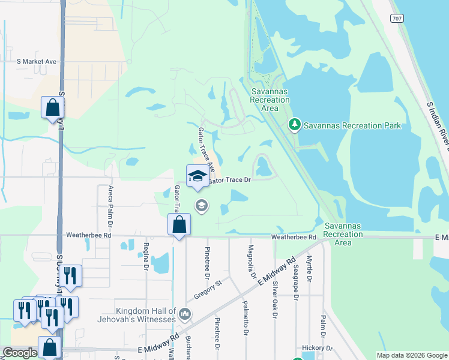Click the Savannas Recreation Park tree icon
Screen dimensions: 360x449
(294, 125)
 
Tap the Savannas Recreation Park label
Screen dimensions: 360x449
(352, 125)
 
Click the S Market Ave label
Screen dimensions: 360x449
(37, 61)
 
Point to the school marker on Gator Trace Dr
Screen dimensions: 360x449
(197, 176)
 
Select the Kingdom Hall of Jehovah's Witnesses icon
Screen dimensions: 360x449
(184, 314)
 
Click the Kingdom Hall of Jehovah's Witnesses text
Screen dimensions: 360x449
(137, 315)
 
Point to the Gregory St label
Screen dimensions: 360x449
(208, 290)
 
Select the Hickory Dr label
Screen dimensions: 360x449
(318, 348)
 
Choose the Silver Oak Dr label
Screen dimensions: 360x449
(276, 299)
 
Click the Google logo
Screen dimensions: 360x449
(20, 353)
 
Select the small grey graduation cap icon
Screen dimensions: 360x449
(201, 206)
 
